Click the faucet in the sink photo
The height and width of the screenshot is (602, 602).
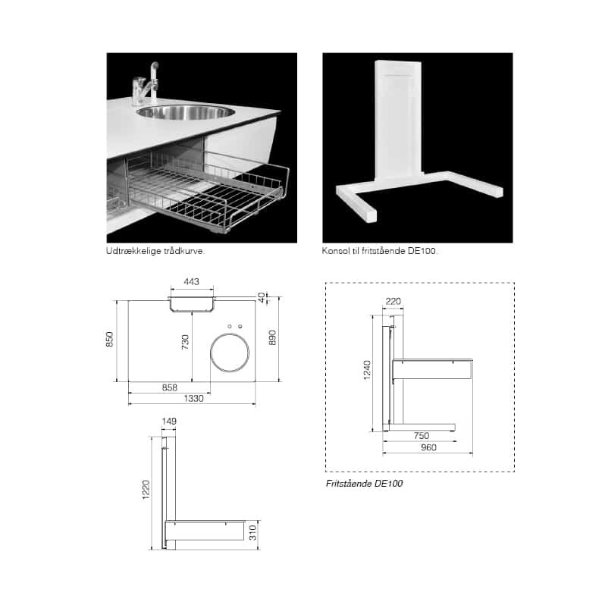146,84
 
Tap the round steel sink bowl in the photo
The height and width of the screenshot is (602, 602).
186,111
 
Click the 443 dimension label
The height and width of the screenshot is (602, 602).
191,281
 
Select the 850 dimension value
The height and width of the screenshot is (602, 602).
109,340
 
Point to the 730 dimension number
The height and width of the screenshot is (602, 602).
185,342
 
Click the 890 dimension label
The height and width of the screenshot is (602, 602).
272,338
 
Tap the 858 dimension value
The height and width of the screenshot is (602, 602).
169,387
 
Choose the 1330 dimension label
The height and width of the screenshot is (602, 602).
193,399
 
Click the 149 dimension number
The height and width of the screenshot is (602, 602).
169,421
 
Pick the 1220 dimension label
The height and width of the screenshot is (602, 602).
146,490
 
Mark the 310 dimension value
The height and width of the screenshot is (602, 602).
252,533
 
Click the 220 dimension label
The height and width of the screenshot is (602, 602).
393,302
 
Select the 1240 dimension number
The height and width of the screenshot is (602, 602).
367,371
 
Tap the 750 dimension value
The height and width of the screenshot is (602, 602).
422,436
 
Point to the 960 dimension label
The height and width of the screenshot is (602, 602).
428,447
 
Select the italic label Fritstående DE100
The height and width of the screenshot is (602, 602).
365,484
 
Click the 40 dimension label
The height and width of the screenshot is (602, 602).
262,297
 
